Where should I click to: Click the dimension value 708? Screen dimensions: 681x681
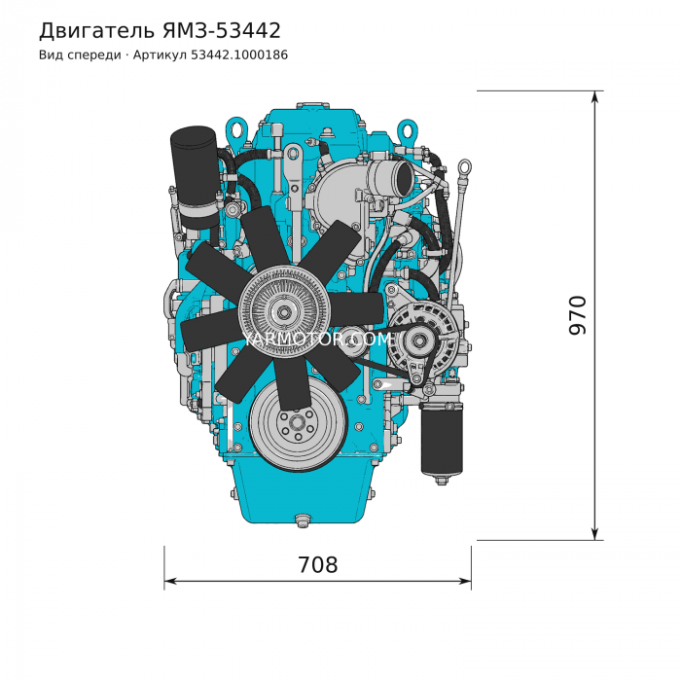point(317,565)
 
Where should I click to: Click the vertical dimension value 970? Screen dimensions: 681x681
point(578,315)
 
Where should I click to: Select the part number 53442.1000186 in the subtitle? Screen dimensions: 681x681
point(239,55)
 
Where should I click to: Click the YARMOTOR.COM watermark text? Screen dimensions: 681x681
point(317,340)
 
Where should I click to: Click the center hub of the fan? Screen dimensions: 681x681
point(284,312)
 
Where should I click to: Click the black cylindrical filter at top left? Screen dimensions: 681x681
point(195,177)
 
